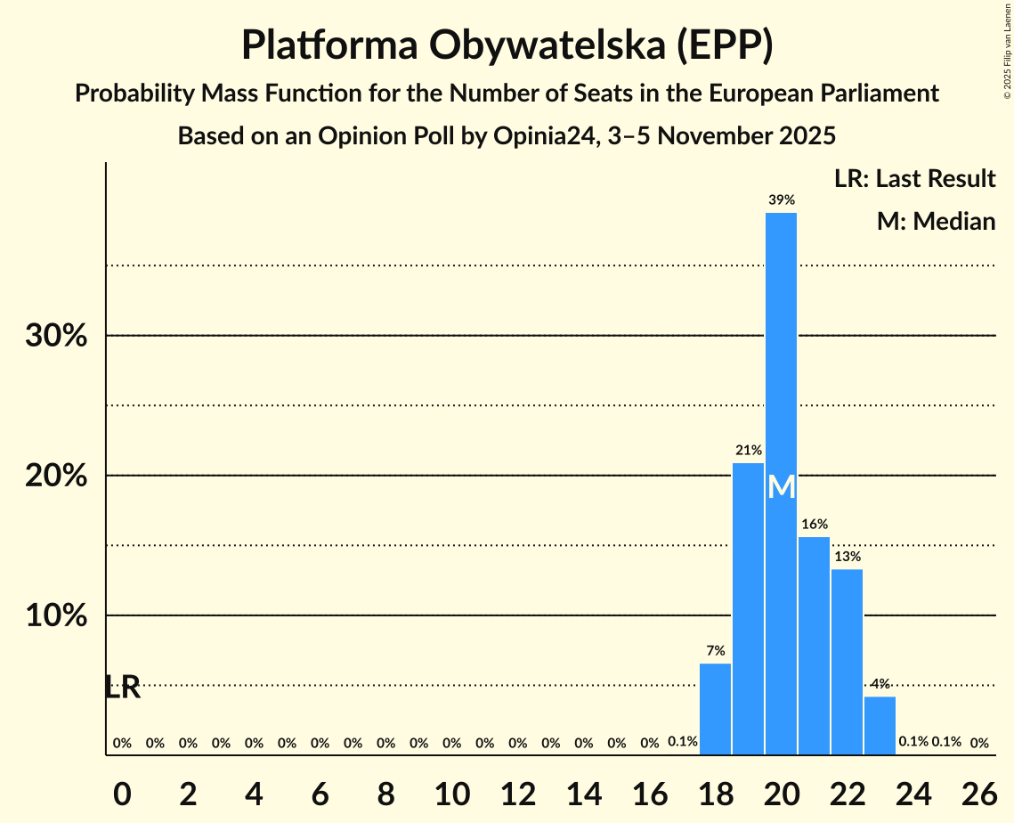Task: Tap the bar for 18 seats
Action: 715,709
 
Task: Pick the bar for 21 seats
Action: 814,646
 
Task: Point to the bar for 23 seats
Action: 880,725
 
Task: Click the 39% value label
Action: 781,200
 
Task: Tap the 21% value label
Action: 748,451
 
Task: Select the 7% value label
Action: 715,651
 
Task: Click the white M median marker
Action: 781,486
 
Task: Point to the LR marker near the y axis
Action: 122,688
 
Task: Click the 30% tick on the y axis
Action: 55,337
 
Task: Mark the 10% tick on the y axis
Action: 55,616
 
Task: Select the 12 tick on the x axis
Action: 517,788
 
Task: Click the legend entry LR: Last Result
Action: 914,179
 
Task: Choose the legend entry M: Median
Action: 936,221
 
